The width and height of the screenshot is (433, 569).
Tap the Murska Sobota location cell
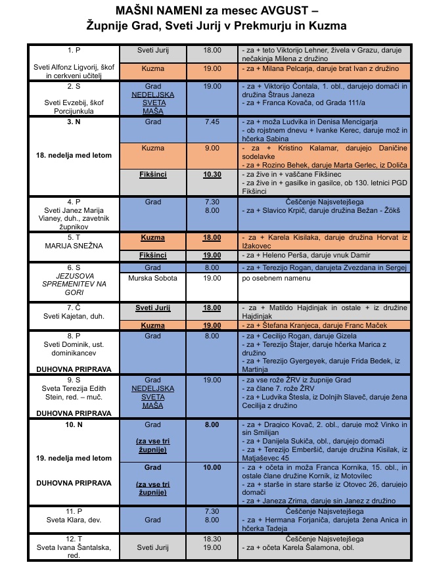tap(152, 278)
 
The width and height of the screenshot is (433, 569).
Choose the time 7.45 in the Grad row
tap(212, 122)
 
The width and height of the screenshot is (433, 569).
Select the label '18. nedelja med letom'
tap(74, 155)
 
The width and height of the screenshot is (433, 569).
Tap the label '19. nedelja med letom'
tap(74, 458)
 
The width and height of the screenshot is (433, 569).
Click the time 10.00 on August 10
tap(212, 467)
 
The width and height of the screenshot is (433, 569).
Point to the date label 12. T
tap(74, 537)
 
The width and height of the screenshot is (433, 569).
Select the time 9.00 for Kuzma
tap(212, 148)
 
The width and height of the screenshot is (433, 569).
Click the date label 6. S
tap(74, 268)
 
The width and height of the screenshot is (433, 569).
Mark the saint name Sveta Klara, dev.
tap(74, 519)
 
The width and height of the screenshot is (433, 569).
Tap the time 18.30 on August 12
tap(212, 537)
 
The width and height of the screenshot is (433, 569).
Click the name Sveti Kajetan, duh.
tap(74, 316)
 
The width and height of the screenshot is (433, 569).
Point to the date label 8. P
tap(74, 335)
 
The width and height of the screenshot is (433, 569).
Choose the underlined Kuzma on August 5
tap(152, 237)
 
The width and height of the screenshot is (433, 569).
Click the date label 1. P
tap(74, 50)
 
